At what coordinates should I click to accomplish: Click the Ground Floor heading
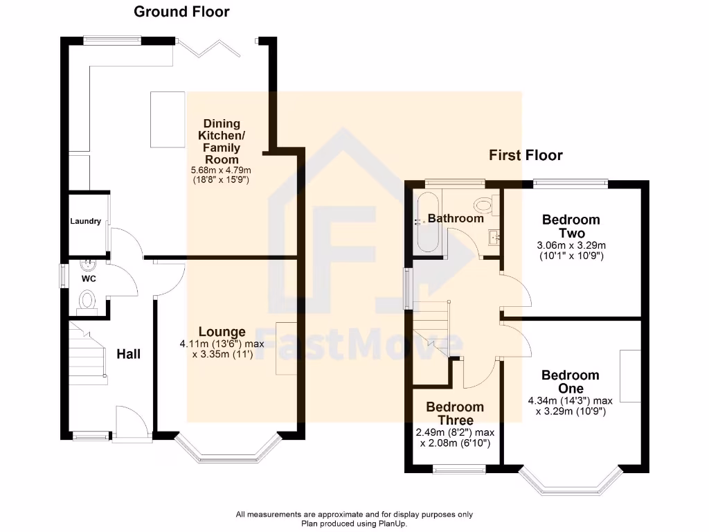181,12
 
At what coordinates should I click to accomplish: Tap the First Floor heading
526,155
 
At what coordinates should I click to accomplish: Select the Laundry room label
86,222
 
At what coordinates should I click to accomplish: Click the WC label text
89,278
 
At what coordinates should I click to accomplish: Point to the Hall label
128,354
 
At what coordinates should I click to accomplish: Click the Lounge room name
222,332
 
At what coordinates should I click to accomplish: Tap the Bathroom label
455,218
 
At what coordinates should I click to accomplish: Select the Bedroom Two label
571,227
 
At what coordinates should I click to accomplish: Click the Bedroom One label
571,382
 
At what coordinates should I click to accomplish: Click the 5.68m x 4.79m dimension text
221,170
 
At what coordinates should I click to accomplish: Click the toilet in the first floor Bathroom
485,204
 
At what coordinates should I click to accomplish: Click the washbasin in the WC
88,265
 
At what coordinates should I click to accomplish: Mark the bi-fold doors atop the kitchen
215,48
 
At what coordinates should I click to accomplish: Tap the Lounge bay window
228,450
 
